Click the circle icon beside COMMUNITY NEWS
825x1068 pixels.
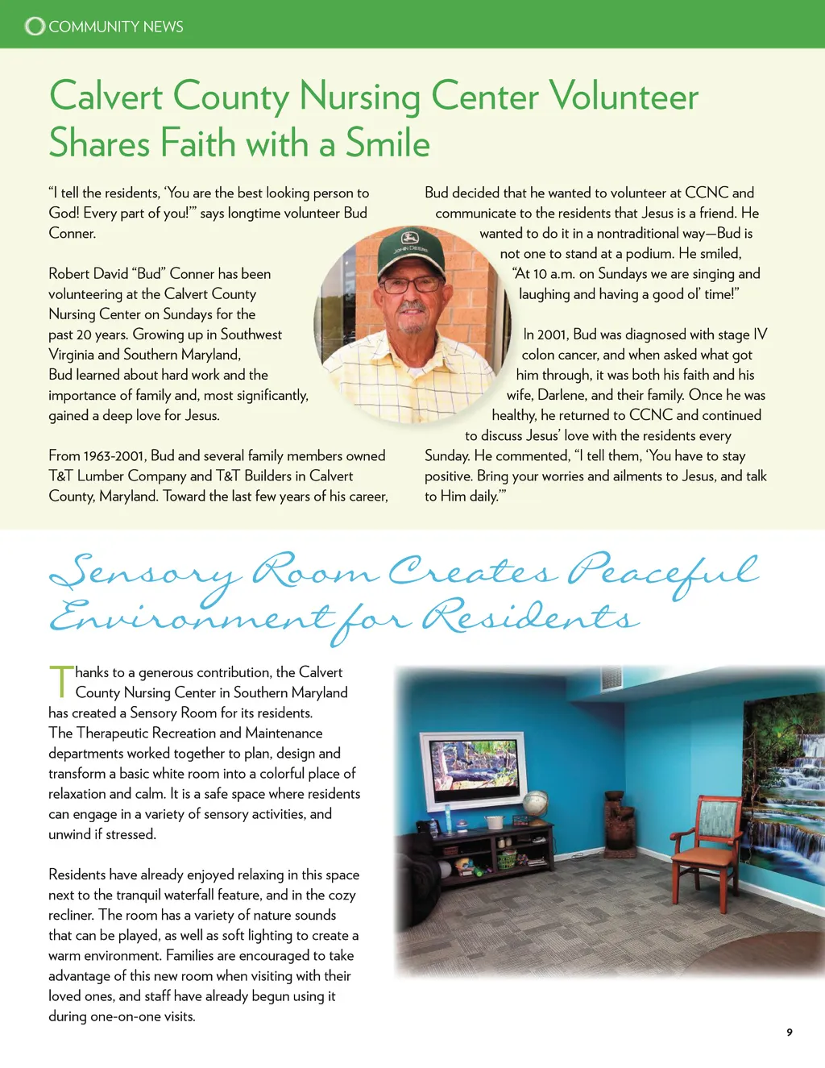(x=35, y=27)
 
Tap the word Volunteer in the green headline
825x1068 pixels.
(x=624, y=97)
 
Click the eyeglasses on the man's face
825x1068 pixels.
(x=411, y=285)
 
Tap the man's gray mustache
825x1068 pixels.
(x=412, y=308)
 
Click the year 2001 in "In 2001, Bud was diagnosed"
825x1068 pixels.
(x=553, y=335)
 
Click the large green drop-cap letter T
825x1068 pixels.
(x=60, y=681)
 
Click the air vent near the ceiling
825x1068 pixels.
(x=611, y=678)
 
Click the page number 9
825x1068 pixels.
(x=790, y=1033)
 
